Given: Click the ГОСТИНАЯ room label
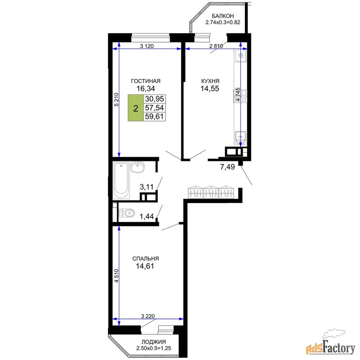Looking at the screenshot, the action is click(146, 81).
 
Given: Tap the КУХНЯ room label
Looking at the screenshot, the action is click(210, 81).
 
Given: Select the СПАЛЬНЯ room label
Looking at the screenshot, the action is click(146, 258).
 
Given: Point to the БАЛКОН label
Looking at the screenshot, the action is click(223, 16).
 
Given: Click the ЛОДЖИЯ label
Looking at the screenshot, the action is click(154, 342).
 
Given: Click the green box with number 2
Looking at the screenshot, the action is click(136, 108).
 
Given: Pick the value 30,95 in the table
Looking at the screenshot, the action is click(154, 99).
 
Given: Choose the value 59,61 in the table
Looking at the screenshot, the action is click(154, 117).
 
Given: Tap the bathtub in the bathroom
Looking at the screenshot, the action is click(121, 180).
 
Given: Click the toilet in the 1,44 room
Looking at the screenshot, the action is click(126, 213).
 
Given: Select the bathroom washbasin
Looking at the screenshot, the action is click(137, 167).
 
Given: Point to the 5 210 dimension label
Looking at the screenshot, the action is click(116, 100).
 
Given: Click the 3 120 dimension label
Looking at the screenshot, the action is click(147, 46).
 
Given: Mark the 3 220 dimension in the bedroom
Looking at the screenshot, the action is click(148, 316).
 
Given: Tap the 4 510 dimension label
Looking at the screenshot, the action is click(116, 276).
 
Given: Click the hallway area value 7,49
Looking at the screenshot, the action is click(227, 167).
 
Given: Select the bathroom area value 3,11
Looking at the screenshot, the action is click(146, 187).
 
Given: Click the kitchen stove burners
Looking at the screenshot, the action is click(240, 96).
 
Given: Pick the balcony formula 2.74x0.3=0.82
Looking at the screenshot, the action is click(223, 22).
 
